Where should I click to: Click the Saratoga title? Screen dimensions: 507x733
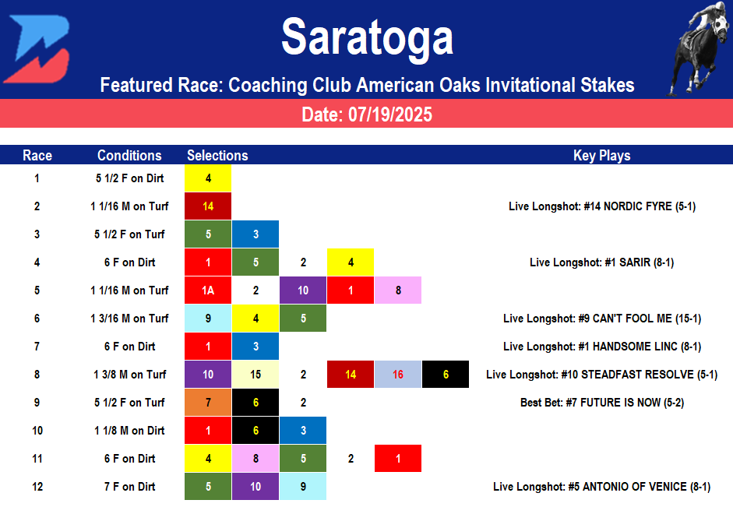[367, 37]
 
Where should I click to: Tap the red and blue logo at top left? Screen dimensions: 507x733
[36, 48]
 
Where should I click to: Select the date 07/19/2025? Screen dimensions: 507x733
[367, 115]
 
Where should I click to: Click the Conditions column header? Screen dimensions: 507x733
[129, 155]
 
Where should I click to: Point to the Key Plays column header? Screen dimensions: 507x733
[601, 155]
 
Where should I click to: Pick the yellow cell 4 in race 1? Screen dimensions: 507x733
[208, 178]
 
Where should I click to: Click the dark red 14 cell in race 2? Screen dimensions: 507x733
[208, 206]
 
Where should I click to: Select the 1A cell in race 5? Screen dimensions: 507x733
[208, 290]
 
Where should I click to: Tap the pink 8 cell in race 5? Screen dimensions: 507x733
[398, 290]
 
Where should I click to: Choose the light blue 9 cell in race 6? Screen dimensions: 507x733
[208, 319]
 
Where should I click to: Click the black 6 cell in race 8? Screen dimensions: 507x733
[446, 375]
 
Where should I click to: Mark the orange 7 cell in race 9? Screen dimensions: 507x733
[208, 403]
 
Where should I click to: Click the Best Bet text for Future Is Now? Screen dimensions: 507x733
[601, 403]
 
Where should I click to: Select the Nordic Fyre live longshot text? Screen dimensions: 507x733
[601, 206]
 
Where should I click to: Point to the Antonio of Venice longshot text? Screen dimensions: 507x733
[601, 487]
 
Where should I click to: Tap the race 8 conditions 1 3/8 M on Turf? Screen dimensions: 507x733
[129, 375]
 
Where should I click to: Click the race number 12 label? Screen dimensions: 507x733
[37, 487]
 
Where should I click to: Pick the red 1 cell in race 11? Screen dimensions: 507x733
[398, 459]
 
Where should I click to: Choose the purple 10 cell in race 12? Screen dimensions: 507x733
[255, 487]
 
